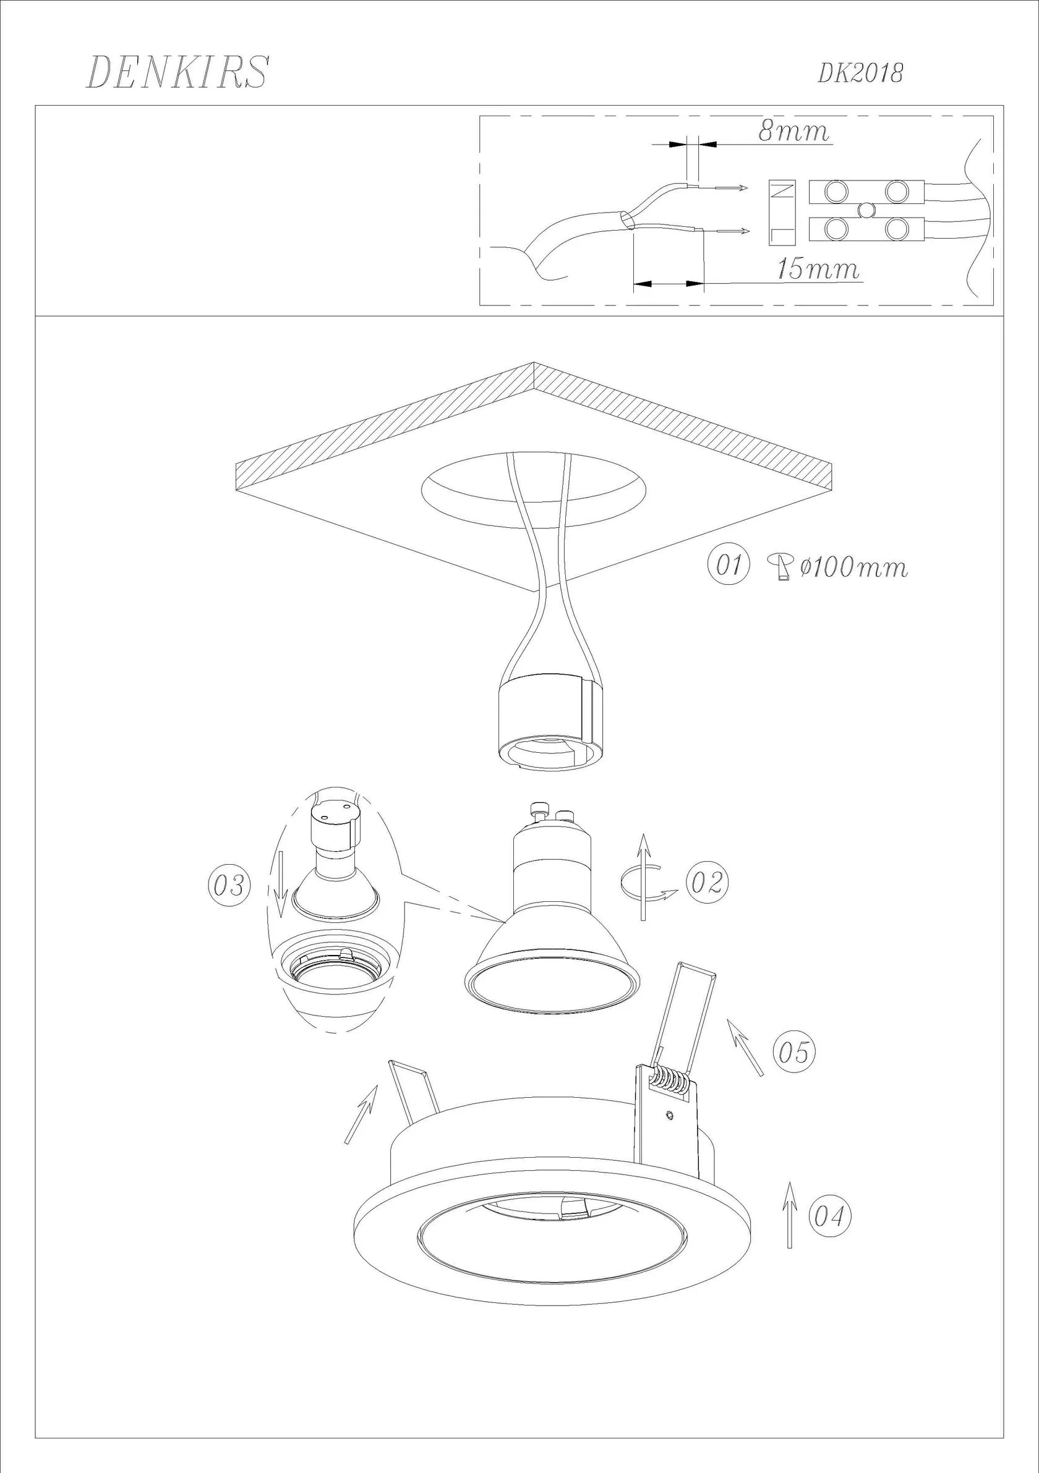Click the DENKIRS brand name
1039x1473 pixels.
(177, 72)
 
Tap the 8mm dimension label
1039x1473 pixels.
(794, 131)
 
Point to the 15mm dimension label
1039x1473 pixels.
(818, 269)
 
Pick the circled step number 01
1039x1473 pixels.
(729, 565)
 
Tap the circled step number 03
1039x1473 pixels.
(229, 886)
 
